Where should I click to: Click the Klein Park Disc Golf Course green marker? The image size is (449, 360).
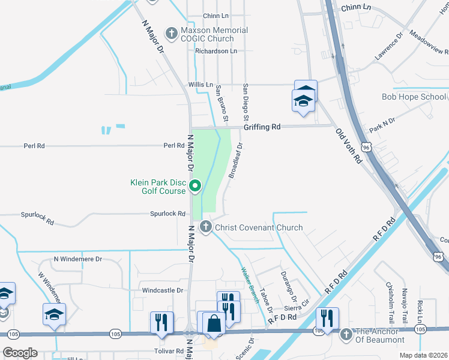(195, 187)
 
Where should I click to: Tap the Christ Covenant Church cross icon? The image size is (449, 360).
(206, 227)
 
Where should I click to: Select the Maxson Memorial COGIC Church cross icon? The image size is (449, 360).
(172, 33)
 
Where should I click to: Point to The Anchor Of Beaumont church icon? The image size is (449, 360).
(345, 334)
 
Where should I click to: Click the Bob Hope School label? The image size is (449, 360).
(414, 97)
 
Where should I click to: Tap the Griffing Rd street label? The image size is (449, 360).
(262, 127)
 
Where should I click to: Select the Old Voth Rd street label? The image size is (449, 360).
(349, 146)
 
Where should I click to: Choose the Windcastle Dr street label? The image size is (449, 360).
(162, 290)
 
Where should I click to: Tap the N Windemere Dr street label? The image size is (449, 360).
(78, 259)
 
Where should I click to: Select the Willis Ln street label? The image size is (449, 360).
(200, 85)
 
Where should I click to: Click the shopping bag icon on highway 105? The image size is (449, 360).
(214, 323)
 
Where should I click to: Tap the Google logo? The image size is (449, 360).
(20, 352)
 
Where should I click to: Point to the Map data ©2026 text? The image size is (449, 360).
(423, 355)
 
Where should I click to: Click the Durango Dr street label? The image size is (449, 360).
(289, 287)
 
